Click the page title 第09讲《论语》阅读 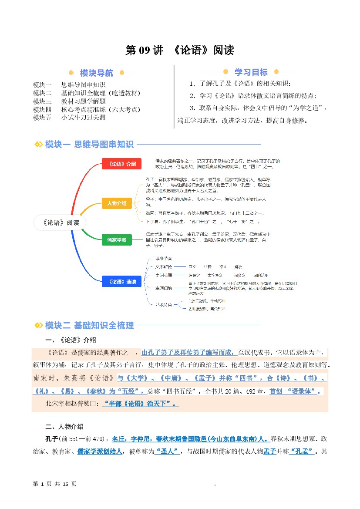click(x=180, y=50)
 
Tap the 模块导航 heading click(x=97, y=73)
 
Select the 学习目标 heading click(x=251, y=72)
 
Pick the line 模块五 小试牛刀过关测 click(x=69, y=118)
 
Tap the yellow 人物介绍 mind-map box click(x=117, y=203)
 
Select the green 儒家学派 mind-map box click(x=117, y=239)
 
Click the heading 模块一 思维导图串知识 click(x=89, y=145)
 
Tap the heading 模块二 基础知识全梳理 click(x=89, y=325)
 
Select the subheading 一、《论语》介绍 click(x=71, y=340)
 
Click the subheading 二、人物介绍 click(x=64, y=426)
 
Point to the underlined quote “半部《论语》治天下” click(x=141, y=404)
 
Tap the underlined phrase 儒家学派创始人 click(x=100, y=452)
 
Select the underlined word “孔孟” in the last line click(x=303, y=452)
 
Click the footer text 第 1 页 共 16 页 click(x=54, y=484)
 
